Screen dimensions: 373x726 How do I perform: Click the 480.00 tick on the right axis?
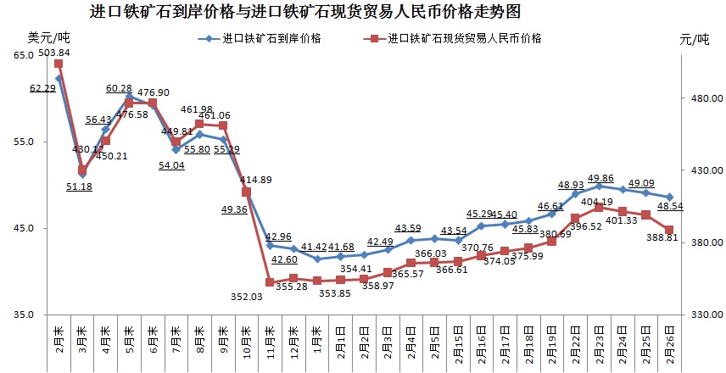coord(700,98)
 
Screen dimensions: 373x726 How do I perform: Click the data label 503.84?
coord(55,53)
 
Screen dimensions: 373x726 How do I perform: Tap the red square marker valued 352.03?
coord(270,282)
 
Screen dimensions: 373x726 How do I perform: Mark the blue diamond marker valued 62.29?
coord(59,79)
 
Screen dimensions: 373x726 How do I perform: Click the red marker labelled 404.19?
coord(598,207)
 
